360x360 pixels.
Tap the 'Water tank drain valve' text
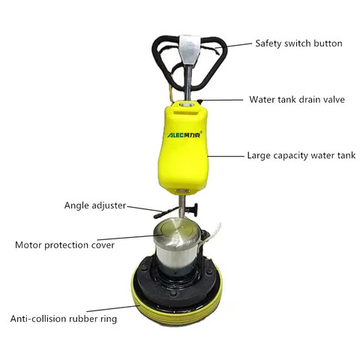(297, 99)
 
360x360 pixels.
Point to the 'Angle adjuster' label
(94, 205)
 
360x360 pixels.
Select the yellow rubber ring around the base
(180, 307)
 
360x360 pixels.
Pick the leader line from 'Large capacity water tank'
(226, 156)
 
